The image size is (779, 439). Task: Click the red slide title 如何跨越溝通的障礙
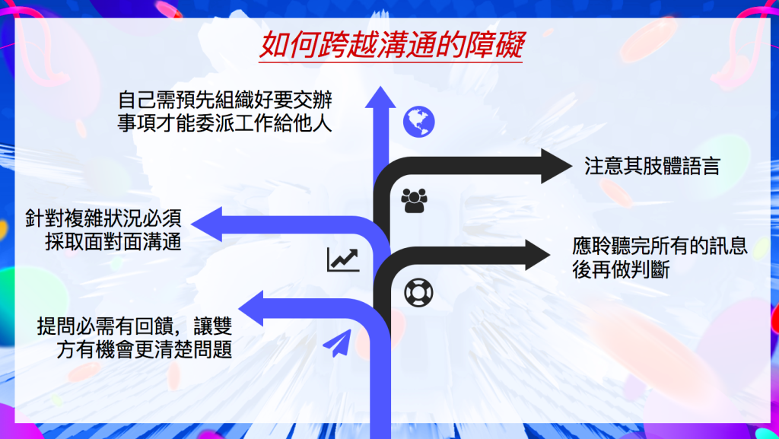click(x=391, y=45)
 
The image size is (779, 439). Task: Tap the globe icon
click(x=419, y=122)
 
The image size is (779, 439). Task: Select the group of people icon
click(x=414, y=201)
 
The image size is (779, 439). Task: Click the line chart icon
click(x=343, y=259)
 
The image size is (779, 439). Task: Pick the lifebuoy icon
click(x=418, y=292)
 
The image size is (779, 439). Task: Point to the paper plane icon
click(x=337, y=343)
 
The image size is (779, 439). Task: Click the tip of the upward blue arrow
click(x=380, y=87)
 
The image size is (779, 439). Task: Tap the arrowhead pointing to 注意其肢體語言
click(x=556, y=166)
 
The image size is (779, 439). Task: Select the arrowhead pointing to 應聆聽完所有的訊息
click(x=538, y=255)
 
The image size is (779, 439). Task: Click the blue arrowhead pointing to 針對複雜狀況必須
click(x=206, y=224)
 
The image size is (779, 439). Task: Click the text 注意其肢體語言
click(x=652, y=167)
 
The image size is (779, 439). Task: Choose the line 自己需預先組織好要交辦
click(x=225, y=100)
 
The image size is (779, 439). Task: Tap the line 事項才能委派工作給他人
click(x=225, y=123)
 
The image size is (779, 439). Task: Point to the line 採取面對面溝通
click(x=113, y=242)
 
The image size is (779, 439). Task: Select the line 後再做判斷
click(x=621, y=269)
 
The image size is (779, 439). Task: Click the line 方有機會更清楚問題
click(x=144, y=349)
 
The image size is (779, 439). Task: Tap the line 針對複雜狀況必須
click(x=103, y=218)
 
